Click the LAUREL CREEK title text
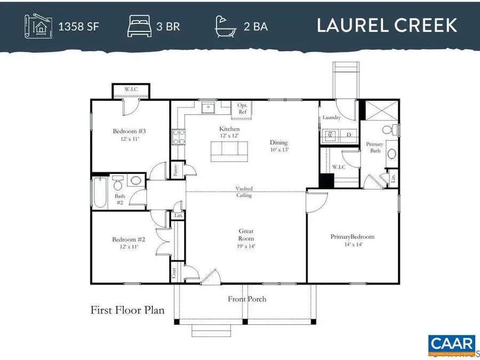tap(387, 25)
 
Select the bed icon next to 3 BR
tap(139, 26)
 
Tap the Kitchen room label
tap(229, 129)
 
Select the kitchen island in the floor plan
tap(229, 150)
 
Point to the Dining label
tap(278, 142)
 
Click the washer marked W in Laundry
tap(330, 135)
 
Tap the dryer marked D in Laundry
tap(349, 135)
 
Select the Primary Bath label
tap(374, 148)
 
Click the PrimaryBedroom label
tap(352, 237)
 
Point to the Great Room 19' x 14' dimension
tap(246, 246)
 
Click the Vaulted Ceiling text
tap(245, 192)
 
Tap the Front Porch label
tap(247, 299)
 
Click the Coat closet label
tap(174, 272)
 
